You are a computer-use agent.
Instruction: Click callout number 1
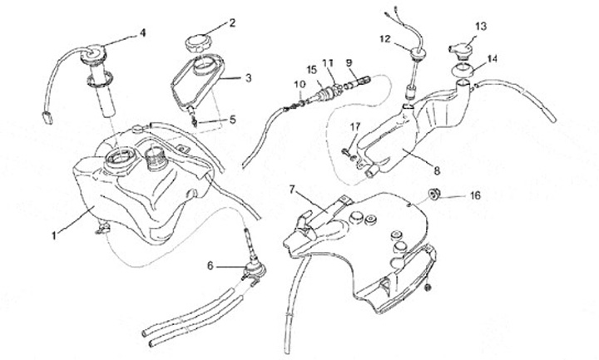[54, 235]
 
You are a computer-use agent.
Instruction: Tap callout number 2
[233, 22]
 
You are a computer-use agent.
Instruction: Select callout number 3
[247, 77]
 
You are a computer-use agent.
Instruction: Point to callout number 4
[142, 33]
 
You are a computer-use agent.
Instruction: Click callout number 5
[233, 120]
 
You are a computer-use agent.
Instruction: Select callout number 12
[385, 38]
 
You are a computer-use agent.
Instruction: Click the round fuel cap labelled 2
[200, 41]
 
